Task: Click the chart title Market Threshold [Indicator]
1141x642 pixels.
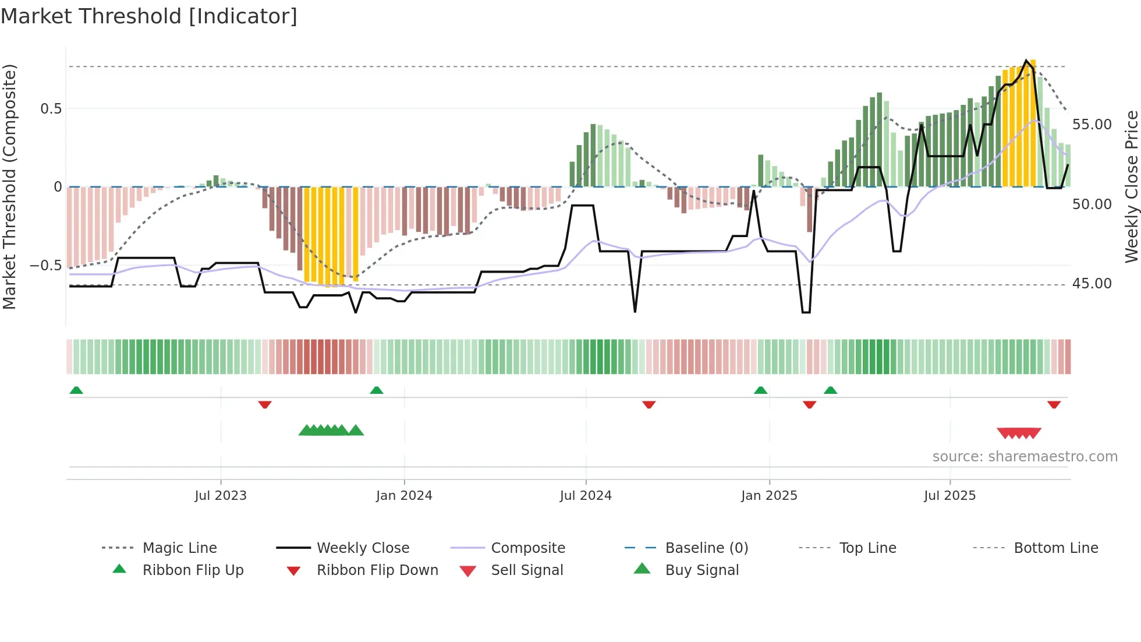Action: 149,16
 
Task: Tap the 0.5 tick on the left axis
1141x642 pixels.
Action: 51,109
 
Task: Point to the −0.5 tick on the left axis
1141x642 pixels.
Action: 45,266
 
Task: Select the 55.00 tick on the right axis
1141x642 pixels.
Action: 1092,125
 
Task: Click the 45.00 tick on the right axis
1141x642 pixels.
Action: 1092,284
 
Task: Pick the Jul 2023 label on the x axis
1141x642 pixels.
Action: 221,496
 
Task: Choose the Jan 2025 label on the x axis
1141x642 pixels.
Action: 769,496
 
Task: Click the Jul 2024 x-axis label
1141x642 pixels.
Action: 586,496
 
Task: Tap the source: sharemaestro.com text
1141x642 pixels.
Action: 1025,457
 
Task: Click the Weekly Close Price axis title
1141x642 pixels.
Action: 1131,186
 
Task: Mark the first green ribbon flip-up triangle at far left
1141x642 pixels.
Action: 76,390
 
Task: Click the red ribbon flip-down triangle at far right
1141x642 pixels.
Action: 1054,404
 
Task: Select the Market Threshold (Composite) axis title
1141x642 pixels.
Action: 9,186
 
